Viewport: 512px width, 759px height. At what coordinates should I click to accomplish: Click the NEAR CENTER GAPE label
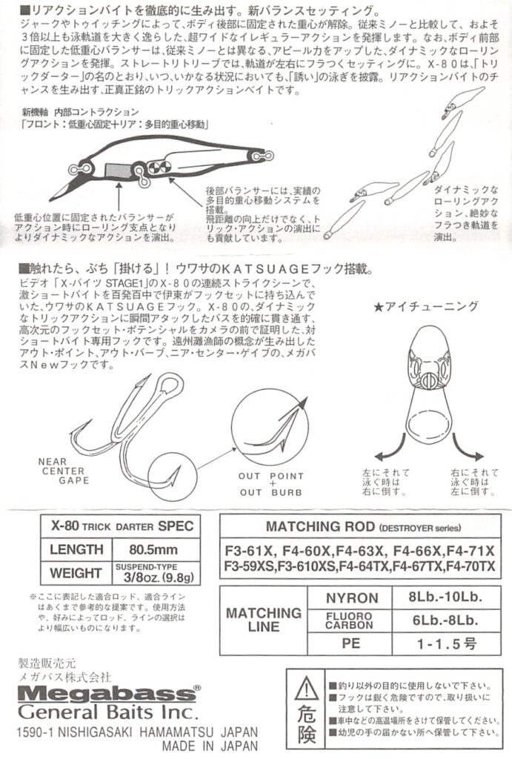click(63, 471)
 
